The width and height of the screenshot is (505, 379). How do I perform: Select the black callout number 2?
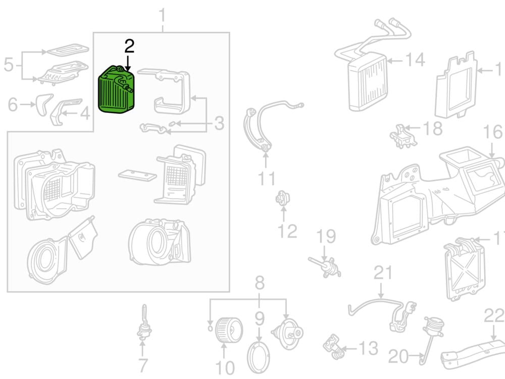[129, 47]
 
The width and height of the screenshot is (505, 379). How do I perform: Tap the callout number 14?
[415, 61]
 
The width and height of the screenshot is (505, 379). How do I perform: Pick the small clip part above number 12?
[282, 199]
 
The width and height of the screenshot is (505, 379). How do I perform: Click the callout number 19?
[327, 236]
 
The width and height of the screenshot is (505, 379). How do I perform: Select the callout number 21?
[382, 273]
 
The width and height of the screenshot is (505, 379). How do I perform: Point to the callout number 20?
[398, 357]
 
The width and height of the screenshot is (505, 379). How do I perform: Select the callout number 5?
[9, 65]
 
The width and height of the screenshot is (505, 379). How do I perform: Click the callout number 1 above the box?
[163, 16]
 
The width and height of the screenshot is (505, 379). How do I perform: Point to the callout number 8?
[260, 283]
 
